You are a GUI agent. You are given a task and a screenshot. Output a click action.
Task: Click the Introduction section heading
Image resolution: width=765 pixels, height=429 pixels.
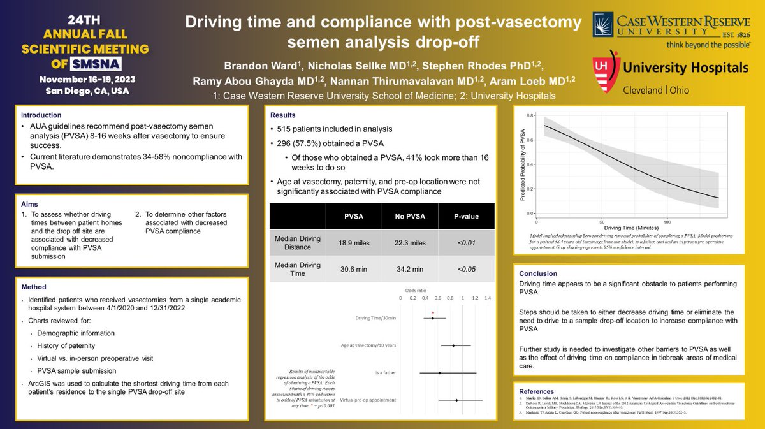tap(41, 115)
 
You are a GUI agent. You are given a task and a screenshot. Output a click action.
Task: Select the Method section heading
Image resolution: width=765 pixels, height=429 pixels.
tap(34, 287)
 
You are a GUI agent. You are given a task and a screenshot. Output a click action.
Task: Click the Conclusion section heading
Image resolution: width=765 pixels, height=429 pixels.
tap(539, 273)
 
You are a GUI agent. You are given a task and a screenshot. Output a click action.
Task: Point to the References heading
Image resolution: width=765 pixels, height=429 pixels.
tap(537, 391)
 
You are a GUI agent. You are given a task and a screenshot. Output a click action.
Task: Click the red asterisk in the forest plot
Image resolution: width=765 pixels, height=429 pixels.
tap(433, 312)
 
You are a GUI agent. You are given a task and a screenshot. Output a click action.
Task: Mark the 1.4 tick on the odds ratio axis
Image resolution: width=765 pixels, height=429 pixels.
tap(487, 298)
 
